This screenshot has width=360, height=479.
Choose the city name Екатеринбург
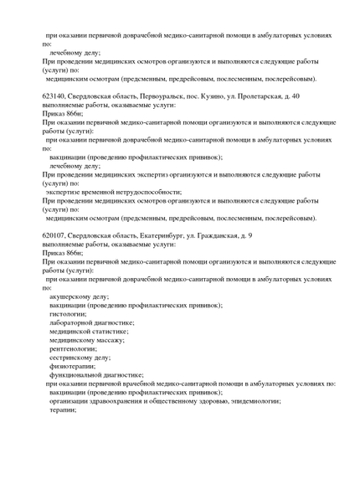pyautogui.click(x=171, y=235)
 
